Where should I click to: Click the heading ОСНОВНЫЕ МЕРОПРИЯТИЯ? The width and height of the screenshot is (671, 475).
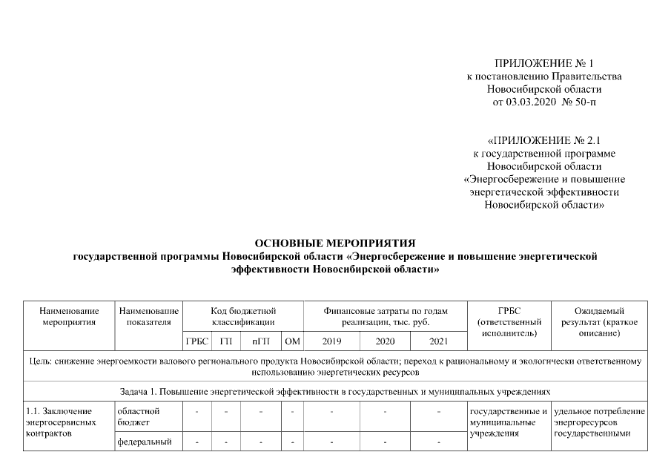coord(334,243)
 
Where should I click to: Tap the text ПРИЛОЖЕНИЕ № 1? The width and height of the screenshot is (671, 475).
coord(544,64)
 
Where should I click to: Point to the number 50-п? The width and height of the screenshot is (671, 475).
coord(580,102)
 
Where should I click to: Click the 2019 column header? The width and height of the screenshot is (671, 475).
coord(331,341)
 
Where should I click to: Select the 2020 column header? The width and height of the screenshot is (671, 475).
coord(386,341)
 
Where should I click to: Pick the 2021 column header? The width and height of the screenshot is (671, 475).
coord(439,341)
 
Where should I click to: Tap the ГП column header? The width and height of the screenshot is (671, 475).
coord(225,341)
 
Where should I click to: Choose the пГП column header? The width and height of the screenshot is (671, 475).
coord(260,341)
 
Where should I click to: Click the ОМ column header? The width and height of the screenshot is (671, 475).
coord(292,341)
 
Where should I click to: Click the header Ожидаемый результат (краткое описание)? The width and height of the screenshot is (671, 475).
coord(599,322)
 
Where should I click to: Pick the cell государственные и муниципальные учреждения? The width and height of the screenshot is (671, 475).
coord(509,422)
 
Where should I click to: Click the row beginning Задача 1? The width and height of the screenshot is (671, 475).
coord(334,390)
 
